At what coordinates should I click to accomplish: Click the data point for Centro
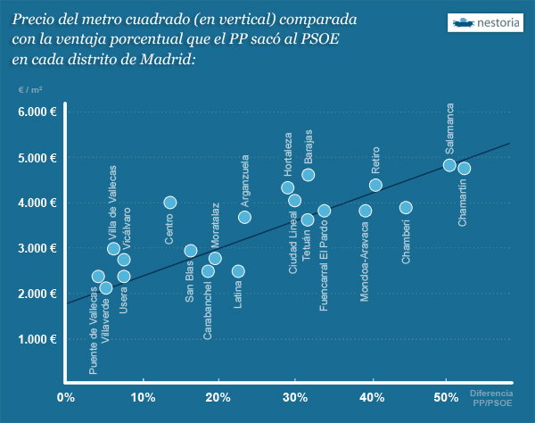170,203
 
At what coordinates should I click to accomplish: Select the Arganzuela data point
244,217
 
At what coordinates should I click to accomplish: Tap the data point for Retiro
375,185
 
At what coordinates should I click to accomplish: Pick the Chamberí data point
406,207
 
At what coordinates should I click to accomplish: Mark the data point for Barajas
308,175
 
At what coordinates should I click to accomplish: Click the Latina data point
238,270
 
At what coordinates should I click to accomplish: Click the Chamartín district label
464,202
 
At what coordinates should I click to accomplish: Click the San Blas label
190,281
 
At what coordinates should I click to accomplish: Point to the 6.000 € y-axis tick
37,112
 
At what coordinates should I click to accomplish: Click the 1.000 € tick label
37,339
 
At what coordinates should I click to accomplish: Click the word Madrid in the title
160,59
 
